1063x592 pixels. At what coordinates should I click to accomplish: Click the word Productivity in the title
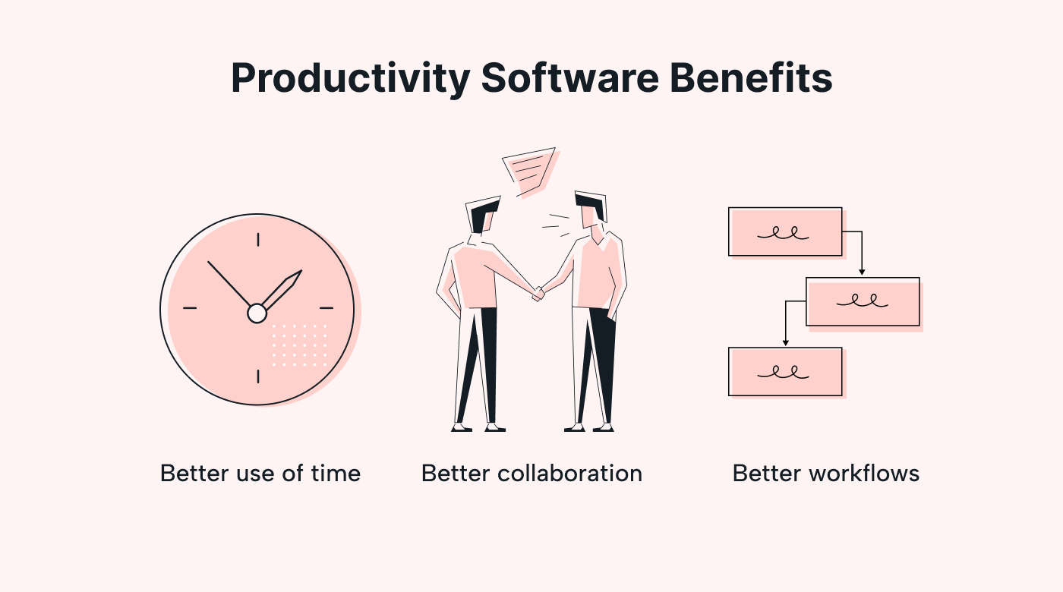(351, 79)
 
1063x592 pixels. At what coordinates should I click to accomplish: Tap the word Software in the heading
(570, 77)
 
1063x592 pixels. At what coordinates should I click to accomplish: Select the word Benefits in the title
(751, 77)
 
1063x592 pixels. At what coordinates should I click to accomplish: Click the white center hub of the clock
(257, 313)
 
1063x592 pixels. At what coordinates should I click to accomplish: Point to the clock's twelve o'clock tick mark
(258, 240)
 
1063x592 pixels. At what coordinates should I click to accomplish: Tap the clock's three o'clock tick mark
(326, 308)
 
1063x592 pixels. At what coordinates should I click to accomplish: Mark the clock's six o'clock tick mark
(258, 376)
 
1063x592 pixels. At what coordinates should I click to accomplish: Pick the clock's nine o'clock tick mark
(190, 308)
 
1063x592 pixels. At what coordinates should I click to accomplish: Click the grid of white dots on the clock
(299, 345)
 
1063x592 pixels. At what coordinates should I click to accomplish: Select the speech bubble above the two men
(531, 172)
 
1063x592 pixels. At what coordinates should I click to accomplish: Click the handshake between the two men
(539, 293)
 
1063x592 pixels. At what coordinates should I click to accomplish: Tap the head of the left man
(484, 214)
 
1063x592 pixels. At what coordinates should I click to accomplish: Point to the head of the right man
(591, 209)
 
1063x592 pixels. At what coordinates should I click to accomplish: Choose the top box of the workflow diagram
(785, 231)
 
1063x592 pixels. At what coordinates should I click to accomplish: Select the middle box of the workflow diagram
(863, 302)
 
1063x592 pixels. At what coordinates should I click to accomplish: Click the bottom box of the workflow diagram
(785, 371)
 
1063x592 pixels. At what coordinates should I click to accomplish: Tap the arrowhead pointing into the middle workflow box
(862, 272)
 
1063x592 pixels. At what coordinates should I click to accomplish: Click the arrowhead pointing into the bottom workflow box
(785, 342)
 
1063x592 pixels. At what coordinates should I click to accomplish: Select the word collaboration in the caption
(569, 474)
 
